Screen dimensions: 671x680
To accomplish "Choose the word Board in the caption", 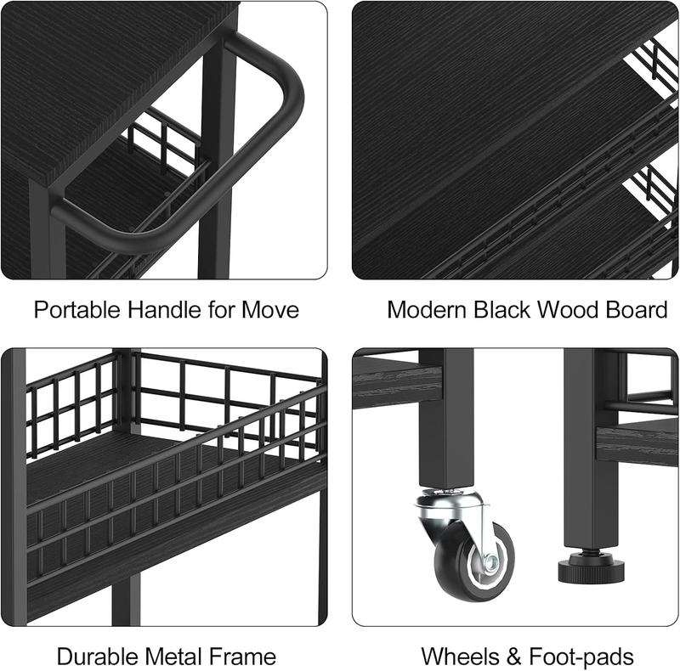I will coord(637,310).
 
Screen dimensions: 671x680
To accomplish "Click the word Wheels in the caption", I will coord(458,657).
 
